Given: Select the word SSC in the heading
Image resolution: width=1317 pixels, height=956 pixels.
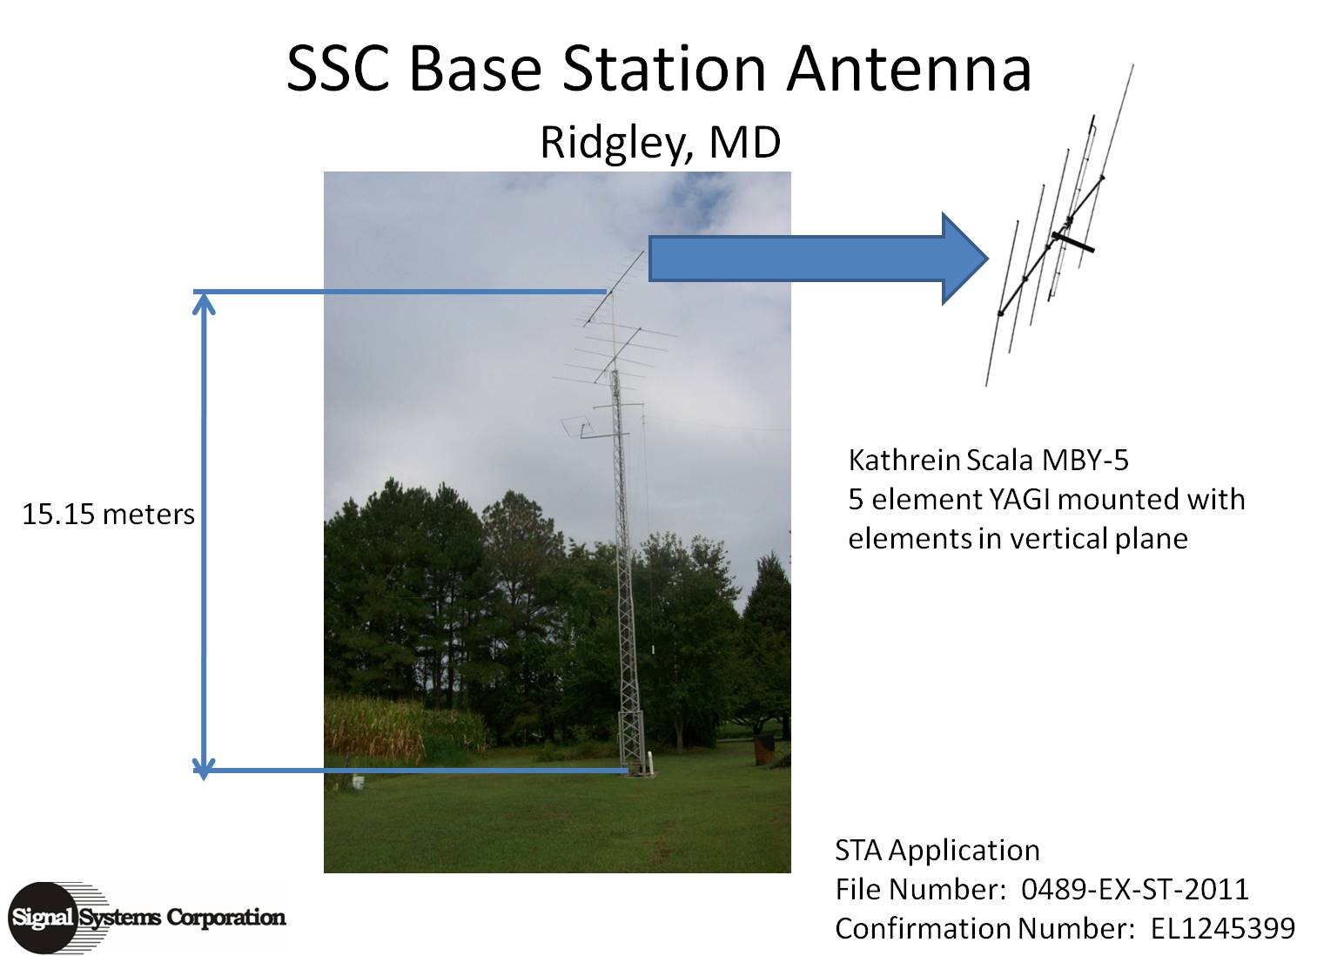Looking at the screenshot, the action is pos(338,70).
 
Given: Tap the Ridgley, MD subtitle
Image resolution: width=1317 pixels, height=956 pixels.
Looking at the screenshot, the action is pos(661,143).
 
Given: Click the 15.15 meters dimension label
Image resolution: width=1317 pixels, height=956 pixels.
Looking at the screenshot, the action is pos(108,515).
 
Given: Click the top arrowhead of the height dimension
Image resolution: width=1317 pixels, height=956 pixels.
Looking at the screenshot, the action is pos(204,303).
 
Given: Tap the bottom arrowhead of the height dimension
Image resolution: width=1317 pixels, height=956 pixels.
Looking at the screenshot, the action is pos(204,768).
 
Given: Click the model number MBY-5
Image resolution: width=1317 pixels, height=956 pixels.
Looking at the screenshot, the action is pos(1085,461).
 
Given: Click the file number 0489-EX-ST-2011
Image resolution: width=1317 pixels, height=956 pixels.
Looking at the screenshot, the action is pos(1135,890).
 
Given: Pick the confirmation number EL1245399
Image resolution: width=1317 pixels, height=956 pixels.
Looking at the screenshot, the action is pos(1223,929).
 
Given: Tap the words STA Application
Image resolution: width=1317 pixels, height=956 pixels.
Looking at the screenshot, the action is pos(937,851).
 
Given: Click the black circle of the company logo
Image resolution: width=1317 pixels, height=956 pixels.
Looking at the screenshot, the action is pos(43,918).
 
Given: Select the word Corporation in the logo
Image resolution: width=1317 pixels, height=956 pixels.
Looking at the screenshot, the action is pos(226,917).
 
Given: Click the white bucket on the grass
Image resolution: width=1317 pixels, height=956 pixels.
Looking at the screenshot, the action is pos(357,783).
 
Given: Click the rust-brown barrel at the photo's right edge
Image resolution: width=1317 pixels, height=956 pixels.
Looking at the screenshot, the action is pos(763,751).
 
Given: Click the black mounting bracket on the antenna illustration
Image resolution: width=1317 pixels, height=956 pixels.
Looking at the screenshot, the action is pos(1072,242).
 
